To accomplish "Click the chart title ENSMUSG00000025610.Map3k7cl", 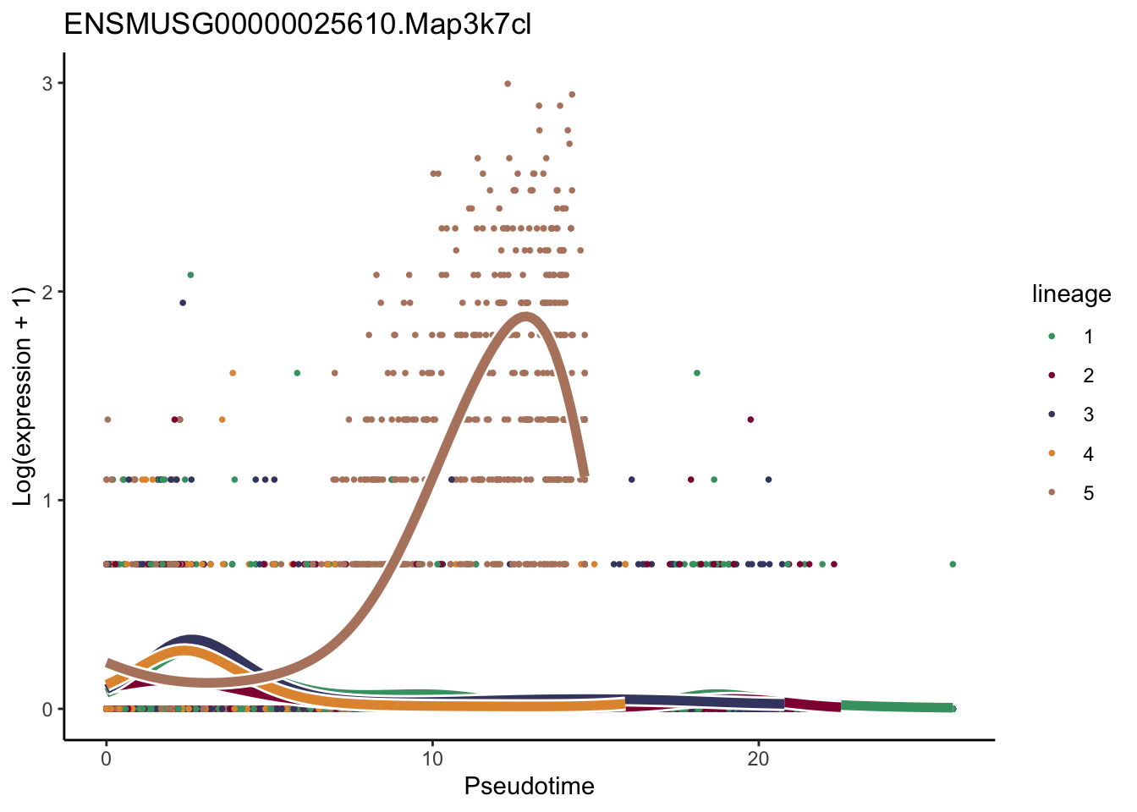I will point(297,25).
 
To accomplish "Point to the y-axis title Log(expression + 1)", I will point(23,396).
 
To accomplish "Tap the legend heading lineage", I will point(1071,294).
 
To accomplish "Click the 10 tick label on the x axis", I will point(432,758).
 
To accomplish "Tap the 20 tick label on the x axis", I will point(758,758).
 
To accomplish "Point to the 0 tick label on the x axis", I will point(106,758).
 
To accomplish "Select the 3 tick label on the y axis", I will point(47,84).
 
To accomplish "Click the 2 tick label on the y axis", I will point(47,292).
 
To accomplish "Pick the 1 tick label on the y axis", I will point(47,501).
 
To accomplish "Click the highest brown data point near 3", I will point(508,84).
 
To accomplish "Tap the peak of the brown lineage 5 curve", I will point(526,316).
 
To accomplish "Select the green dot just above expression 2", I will point(190,275).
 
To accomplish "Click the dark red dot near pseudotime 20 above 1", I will point(750,420).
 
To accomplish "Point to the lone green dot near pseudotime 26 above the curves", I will point(953,564).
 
